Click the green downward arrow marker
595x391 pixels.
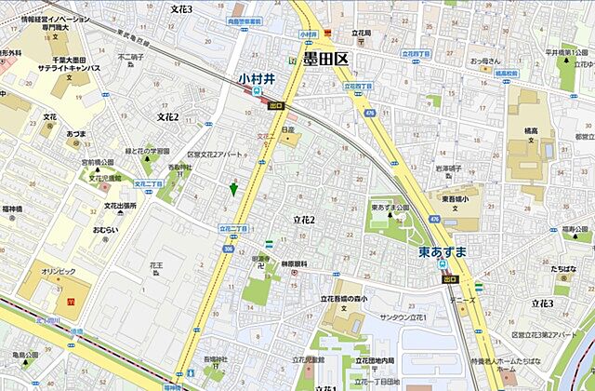233,189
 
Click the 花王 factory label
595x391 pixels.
155,265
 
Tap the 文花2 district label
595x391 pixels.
167,117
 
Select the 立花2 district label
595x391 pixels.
304,220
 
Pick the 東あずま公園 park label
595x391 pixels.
390,207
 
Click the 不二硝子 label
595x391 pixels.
131,57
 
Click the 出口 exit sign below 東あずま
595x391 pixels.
450,277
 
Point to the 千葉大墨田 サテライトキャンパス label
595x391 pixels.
70,62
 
